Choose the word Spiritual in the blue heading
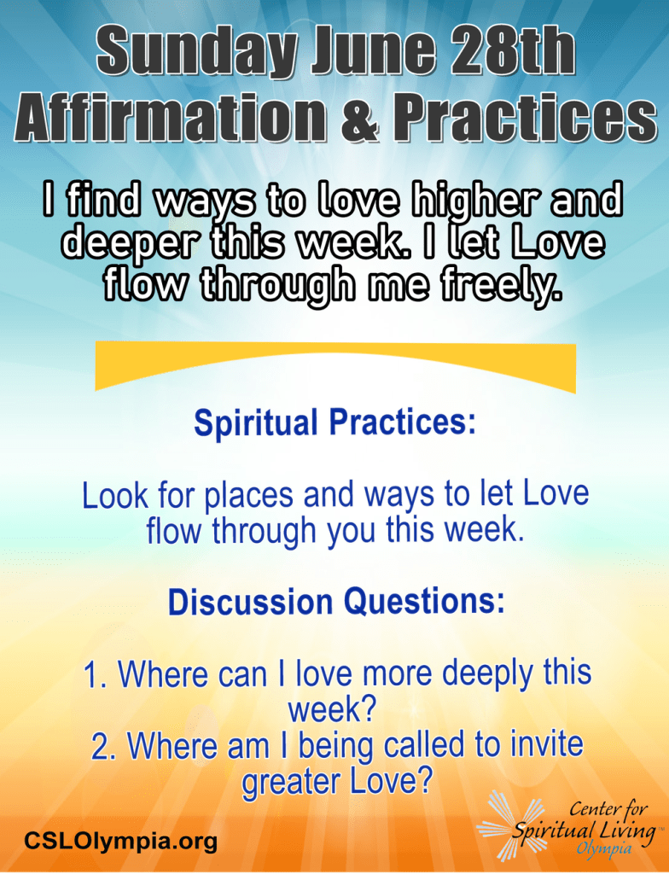[x=256, y=423]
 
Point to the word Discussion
[x=250, y=602]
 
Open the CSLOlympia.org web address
[x=120, y=841]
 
